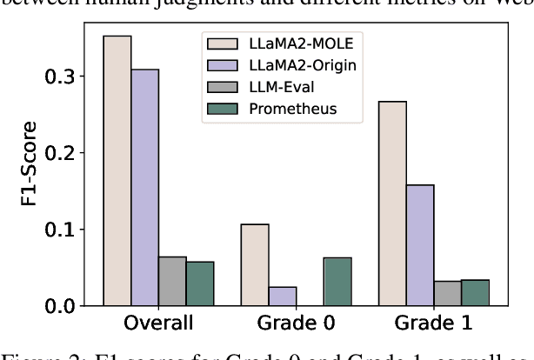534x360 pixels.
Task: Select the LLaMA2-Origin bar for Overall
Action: tap(145, 188)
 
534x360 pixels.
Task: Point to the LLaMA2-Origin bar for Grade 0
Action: tap(283, 297)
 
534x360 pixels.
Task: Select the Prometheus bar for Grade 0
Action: tap(337, 282)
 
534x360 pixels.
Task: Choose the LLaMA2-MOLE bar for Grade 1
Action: tap(392, 204)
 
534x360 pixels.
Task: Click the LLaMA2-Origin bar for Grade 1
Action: tap(420, 245)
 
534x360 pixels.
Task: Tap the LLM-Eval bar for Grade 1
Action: tap(448, 294)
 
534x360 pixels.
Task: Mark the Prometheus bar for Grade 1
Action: tap(476, 293)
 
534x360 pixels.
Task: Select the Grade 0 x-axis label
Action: tap(296, 323)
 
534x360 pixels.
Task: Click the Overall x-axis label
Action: tap(158, 323)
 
